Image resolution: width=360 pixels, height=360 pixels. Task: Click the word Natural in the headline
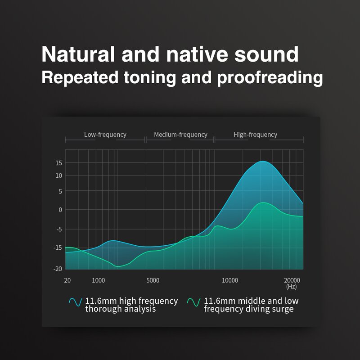(x=78, y=54)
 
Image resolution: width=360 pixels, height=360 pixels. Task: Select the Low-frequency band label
(x=105, y=135)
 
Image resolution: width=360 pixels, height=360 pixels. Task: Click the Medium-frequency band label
(x=180, y=135)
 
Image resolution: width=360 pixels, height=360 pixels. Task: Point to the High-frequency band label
(x=255, y=135)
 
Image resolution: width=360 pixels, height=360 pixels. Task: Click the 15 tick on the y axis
(x=58, y=163)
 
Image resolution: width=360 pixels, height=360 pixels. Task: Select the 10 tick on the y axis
(x=58, y=175)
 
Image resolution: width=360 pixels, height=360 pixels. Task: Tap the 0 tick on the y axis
(x=60, y=210)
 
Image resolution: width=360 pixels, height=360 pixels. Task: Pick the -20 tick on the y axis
(x=57, y=269)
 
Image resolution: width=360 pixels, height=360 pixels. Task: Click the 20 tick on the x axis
(x=67, y=280)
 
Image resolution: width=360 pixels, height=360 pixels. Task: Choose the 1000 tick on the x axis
(x=99, y=280)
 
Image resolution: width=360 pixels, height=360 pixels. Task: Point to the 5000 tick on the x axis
(x=153, y=280)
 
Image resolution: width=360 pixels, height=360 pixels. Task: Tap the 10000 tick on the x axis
(x=230, y=280)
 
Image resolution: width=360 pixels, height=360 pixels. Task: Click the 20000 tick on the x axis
(x=292, y=280)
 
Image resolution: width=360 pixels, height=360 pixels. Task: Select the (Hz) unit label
(x=291, y=287)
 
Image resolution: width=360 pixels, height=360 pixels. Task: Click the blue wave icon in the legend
(x=75, y=302)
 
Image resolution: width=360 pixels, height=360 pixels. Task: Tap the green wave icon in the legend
(x=194, y=302)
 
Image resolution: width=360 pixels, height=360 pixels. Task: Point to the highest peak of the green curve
(x=263, y=202)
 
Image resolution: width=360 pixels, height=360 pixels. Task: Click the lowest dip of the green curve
(x=118, y=266)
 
